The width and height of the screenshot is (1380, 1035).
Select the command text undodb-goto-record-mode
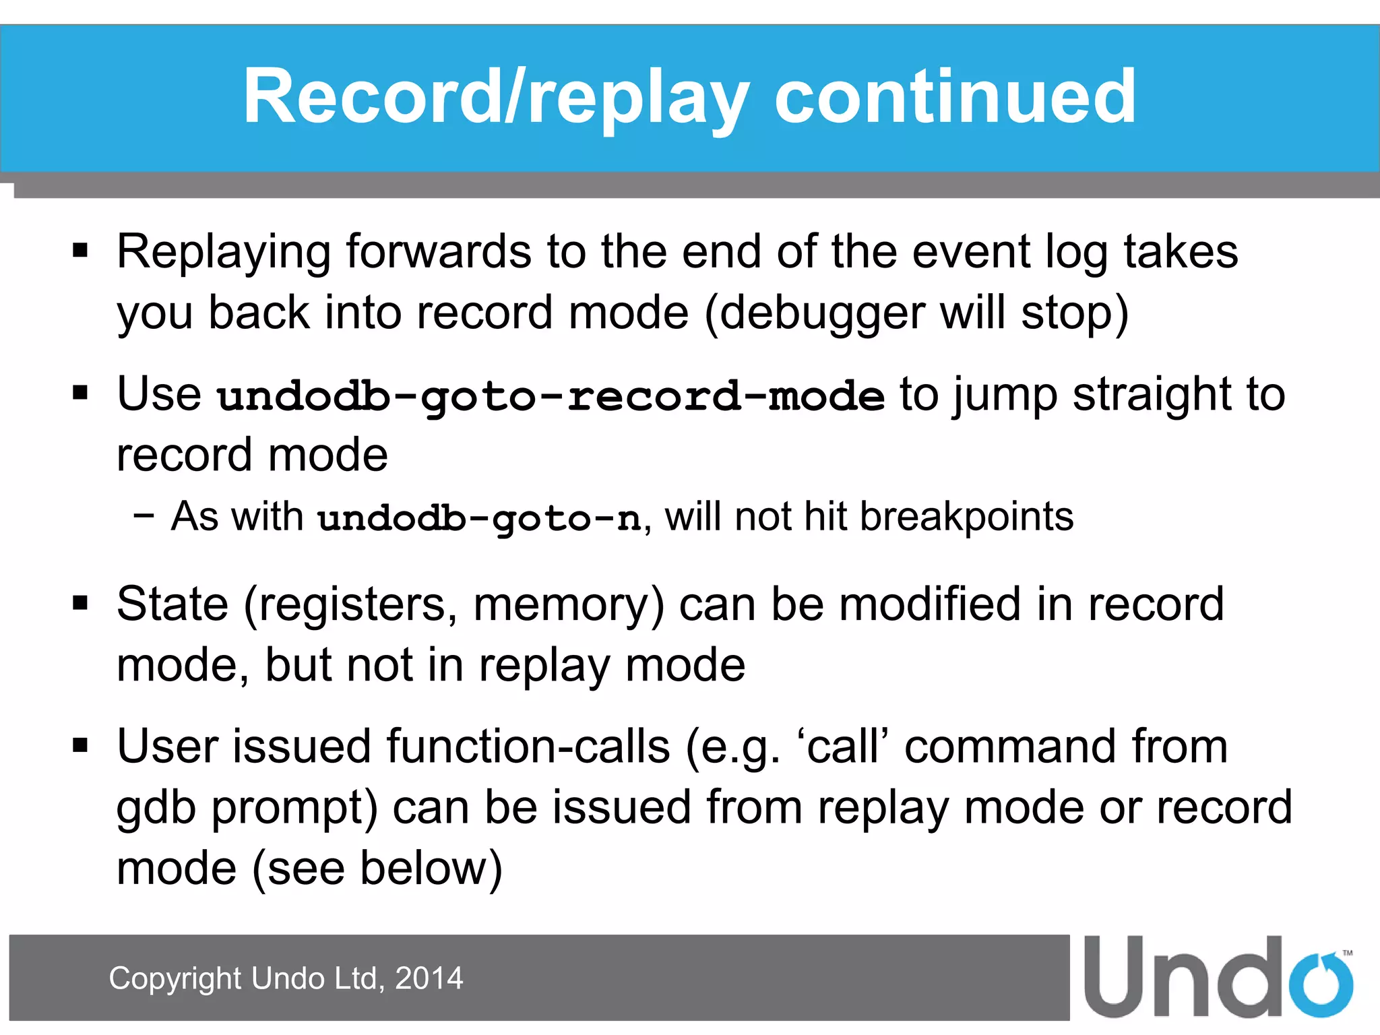[x=551, y=396]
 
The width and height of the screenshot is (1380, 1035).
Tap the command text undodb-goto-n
[x=479, y=518]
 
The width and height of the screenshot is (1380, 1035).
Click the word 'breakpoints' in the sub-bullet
[x=966, y=517]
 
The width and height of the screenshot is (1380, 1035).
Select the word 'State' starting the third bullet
[x=172, y=604]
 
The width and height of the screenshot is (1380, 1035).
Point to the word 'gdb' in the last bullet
[x=156, y=809]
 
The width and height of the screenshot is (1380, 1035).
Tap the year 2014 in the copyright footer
[x=429, y=978]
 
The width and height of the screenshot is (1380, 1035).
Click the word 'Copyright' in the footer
[x=175, y=978]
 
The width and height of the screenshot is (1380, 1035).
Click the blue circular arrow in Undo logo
[x=1320, y=984]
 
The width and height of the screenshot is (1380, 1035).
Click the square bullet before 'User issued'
[x=81, y=746]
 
